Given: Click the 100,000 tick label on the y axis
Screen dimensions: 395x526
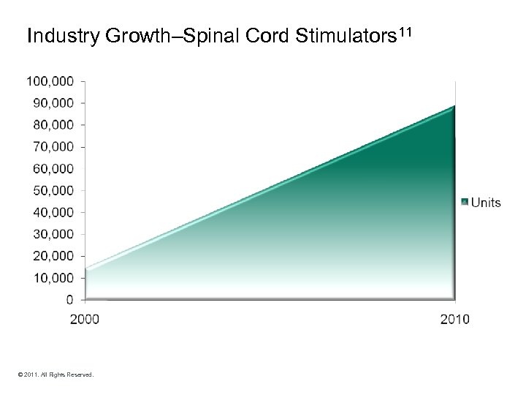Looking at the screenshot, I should pos(50,81).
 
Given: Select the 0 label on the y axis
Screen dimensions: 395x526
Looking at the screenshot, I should pos(69,300).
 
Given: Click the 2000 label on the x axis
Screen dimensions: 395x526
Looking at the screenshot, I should pos(85,319).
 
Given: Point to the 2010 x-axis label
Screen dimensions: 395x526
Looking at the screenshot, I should pos(455,319).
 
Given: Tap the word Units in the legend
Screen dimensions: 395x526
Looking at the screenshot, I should pos(486,203).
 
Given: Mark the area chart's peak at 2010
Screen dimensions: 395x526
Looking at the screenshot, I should pos(454,107).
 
